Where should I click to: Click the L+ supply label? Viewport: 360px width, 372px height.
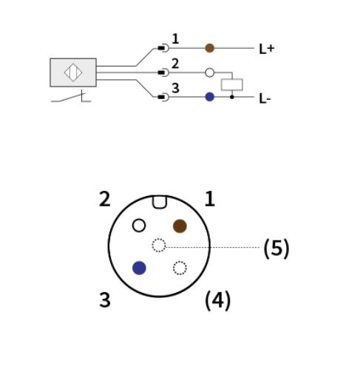(266, 49)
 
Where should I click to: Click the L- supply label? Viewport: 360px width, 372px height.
(265, 98)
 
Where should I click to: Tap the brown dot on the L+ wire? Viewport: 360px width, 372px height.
(209, 48)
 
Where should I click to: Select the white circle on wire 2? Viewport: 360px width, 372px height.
(209, 72)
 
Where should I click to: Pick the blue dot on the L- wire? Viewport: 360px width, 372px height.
(209, 97)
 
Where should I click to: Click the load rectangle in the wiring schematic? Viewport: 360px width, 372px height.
(231, 84)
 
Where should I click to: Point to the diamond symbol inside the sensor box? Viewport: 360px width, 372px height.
(73, 72)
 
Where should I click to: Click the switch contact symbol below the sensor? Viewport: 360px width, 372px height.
(71, 97)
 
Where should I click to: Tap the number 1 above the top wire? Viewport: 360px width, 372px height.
(175, 39)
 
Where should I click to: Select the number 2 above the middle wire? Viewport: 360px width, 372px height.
(175, 64)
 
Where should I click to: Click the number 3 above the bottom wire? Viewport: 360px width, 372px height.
(175, 88)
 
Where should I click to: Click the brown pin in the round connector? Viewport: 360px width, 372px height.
(180, 226)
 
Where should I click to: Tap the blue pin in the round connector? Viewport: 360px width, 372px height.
(139, 268)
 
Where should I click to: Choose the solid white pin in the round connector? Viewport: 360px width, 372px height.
(139, 226)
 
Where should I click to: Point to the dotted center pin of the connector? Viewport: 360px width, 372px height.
(159, 246)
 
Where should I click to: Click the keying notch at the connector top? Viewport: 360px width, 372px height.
(160, 202)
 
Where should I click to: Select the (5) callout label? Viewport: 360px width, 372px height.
(276, 248)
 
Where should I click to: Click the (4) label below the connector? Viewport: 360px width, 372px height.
(218, 300)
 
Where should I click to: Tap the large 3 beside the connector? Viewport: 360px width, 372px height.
(105, 300)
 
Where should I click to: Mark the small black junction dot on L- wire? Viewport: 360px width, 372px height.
(232, 97)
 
